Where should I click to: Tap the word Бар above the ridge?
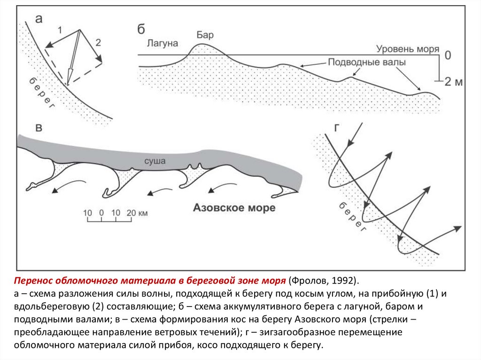point(205,35)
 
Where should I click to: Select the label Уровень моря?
point(407,49)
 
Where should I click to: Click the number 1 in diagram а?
point(60,30)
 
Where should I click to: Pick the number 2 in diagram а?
point(98,42)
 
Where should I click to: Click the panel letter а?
point(39,19)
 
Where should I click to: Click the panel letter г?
point(337,128)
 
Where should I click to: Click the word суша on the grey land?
point(155,161)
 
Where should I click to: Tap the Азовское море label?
point(234,208)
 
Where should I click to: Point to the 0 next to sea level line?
point(448,55)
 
